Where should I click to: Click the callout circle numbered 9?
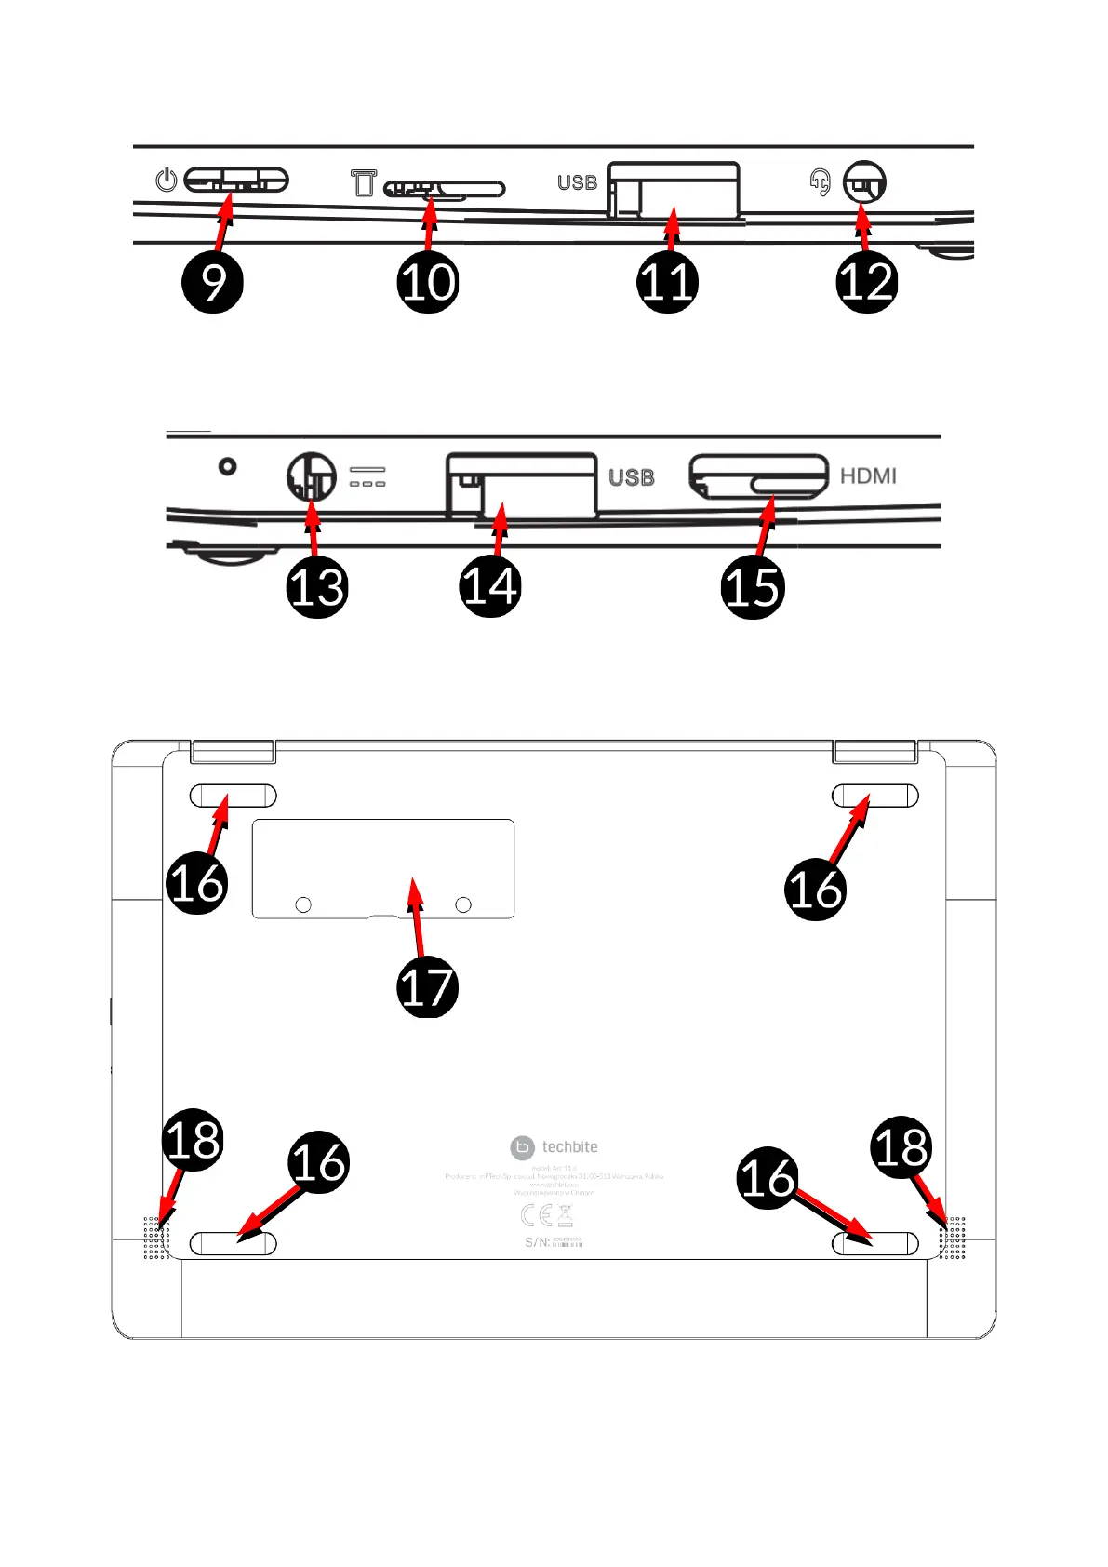click(x=213, y=282)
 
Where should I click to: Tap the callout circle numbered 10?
click(x=428, y=282)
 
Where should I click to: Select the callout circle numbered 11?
click(x=667, y=282)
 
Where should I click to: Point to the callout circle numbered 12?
click(x=866, y=282)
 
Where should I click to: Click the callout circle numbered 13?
click(x=317, y=587)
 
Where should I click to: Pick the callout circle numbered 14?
click(x=490, y=587)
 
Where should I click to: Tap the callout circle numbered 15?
click(x=753, y=587)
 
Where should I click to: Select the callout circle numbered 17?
click(x=427, y=986)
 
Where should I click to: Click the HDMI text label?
click(x=868, y=476)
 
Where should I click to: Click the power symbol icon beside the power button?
click(x=167, y=180)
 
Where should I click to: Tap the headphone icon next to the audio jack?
click(x=820, y=181)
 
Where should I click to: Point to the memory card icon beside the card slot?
click(x=364, y=182)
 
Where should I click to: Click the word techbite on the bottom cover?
click(x=569, y=1147)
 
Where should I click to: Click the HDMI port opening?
click(x=758, y=476)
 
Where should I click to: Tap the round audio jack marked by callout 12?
click(x=864, y=182)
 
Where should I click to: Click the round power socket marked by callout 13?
click(x=311, y=476)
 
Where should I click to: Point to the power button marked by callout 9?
click(x=236, y=180)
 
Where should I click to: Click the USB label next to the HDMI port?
click(x=632, y=477)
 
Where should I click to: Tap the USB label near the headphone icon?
click(x=577, y=182)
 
